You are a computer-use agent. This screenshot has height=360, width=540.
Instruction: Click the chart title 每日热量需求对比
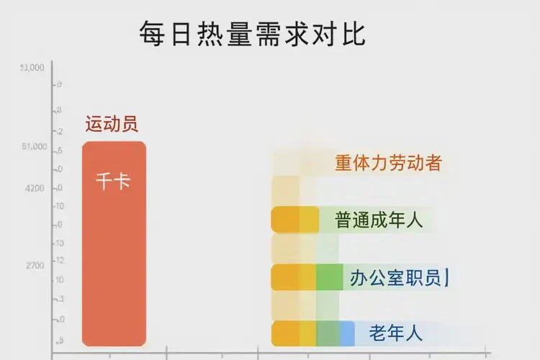[x=252, y=34]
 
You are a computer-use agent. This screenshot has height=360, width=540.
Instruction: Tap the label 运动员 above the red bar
[x=112, y=124]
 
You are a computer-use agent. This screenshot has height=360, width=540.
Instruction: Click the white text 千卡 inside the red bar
[x=113, y=181]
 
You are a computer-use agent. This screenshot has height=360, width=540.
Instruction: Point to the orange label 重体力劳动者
[x=387, y=163]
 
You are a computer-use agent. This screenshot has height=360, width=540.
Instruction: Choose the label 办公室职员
[x=395, y=277]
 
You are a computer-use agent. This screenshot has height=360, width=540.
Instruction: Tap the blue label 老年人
[x=395, y=333]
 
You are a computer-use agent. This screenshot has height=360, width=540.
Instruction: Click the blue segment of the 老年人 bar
[x=347, y=333]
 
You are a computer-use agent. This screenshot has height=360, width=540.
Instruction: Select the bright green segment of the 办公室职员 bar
[x=329, y=277]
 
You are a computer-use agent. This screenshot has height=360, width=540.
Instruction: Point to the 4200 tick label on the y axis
[x=35, y=189]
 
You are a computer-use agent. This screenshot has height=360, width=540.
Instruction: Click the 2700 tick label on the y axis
[x=35, y=266]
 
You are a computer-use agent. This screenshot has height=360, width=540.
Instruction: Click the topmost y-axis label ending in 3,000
[x=32, y=68]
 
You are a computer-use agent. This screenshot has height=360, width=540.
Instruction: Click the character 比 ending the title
[x=354, y=34]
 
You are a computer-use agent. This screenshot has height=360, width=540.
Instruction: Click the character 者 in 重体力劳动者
[x=433, y=163]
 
